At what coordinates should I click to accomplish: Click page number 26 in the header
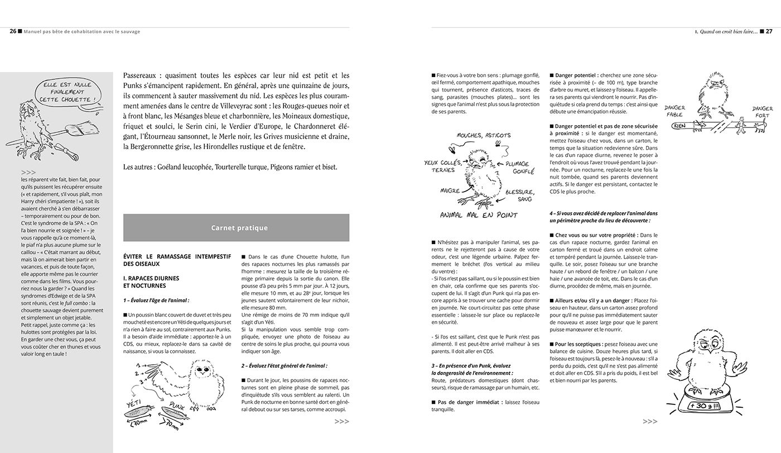pos(13,32)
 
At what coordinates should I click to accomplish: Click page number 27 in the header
pos(769,32)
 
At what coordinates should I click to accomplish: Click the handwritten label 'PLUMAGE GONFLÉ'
pos(520,168)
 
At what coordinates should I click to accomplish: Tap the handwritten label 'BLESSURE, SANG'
pos(519,195)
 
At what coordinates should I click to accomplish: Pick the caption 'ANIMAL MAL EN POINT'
pos(479,215)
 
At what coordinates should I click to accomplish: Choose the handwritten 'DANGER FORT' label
pos(762,112)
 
